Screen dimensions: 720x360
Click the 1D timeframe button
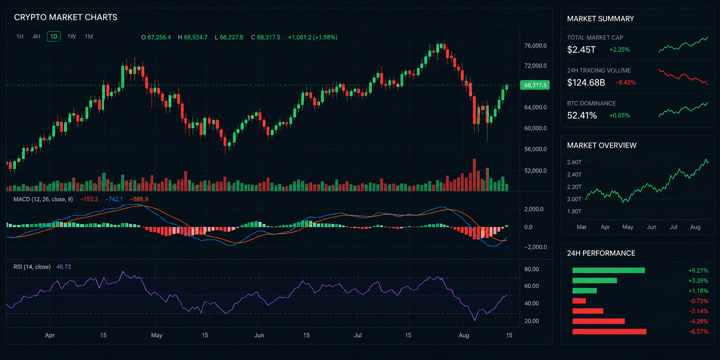[x=54, y=36]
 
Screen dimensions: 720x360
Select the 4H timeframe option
[x=36, y=36]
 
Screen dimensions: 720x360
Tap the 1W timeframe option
[x=72, y=36]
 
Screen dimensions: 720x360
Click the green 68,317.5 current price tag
[x=535, y=85]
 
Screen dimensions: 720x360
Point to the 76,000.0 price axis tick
[x=535, y=45]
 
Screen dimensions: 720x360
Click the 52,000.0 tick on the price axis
[x=535, y=171]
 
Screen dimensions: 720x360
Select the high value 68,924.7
[x=195, y=37]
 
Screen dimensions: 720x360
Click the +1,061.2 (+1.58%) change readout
[x=312, y=37]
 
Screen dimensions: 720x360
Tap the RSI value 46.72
[x=63, y=267]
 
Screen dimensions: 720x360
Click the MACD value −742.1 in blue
[x=114, y=199]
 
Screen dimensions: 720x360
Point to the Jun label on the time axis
[x=259, y=335]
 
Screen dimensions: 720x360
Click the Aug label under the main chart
[x=464, y=335]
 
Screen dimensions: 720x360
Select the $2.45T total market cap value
[x=581, y=49]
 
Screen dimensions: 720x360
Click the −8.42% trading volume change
[x=625, y=83]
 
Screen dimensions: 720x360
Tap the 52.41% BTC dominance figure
[x=582, y=115]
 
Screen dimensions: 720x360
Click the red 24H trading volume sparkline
[x=683, y=76]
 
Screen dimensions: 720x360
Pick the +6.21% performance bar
[x=608, y=270]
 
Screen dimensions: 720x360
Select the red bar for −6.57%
[x=609, y=331]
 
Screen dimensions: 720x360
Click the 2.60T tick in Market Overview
[x=574, y=162]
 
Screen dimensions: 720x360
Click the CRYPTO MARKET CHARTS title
[x=66, y=18]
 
